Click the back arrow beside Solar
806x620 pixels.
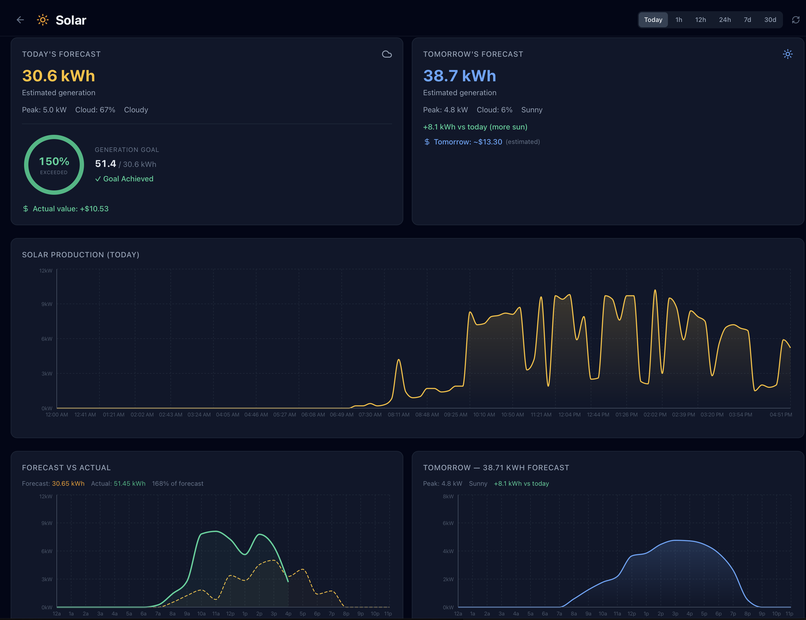(x=20, y=20)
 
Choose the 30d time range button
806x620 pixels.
(x=770, y=20)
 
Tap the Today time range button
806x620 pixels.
(x=653, y=20)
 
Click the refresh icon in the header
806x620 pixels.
(x=795, y=20)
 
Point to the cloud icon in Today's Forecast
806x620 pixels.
(x=386, y=54)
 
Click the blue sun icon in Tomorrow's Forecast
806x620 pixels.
(x=788, y=54)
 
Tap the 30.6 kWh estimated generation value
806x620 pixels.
(x=58, y=76)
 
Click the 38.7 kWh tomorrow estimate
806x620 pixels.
(x=459, y=76)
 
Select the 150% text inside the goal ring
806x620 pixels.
(x=54, y=162)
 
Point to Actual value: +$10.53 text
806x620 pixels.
(x=70, y=209)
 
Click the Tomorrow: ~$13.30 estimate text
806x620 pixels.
(x=467, y=142)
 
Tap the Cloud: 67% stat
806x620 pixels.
(x=95, y=110)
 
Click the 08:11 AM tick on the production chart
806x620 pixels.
(x=398, y=415)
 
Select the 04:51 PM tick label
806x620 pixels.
(x=781, y=415)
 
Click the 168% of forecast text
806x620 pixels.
(x=177, y=484)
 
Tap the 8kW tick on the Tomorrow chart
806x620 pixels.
(x=448, y=496)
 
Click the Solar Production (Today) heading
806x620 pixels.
(x=81, y=255)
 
